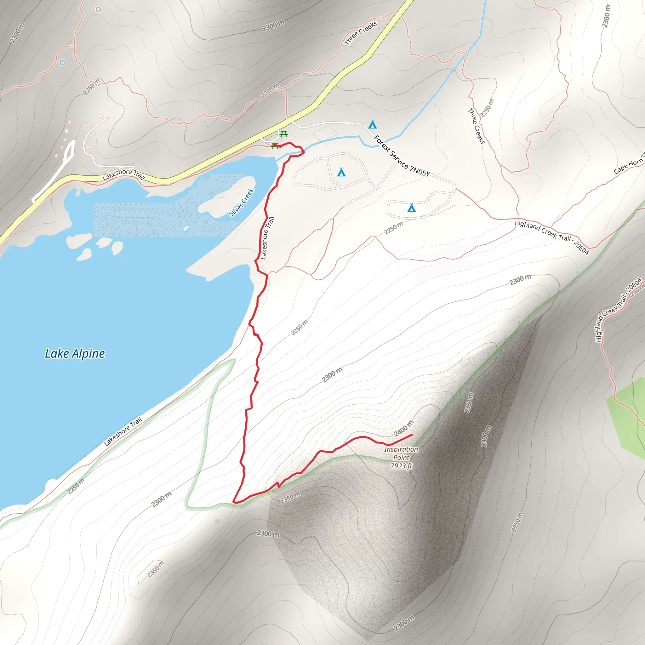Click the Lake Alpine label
tap(75, 354)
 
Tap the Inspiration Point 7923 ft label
tap(401, 457)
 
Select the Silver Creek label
tap(242, 202)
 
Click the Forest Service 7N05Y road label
tap(402, 156)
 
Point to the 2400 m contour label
tap(403, 428)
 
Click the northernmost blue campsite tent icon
tap(373, 124)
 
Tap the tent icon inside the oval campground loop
tap(341, 172)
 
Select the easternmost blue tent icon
tap(412, 208)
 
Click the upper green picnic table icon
tap(284, 134)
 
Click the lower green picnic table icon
tap(275, 145)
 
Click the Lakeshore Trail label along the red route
tap(267, 238)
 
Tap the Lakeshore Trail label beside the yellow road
tap(123, 174)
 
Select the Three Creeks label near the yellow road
tap(361, 33)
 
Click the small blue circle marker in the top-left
tap(62, 62)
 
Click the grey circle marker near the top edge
tap(98, 9)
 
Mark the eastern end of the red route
tap(412, 434)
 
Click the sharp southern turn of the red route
tap(234, 501)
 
